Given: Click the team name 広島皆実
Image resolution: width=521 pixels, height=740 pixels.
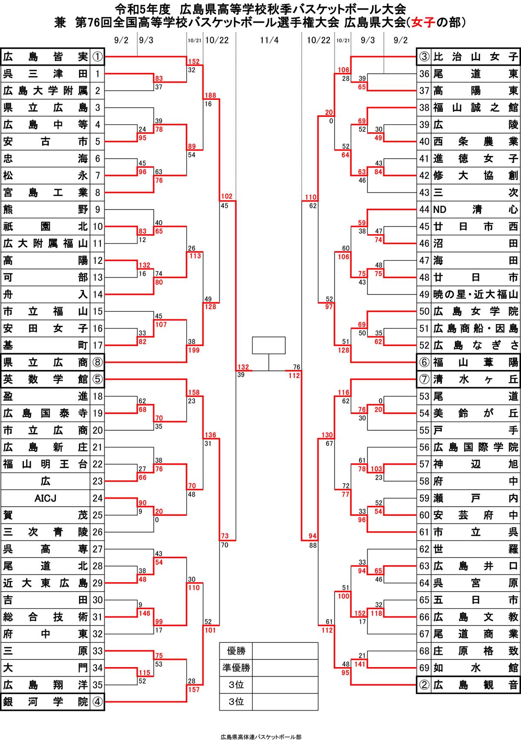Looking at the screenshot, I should pyautogui.click(x=45, y=57).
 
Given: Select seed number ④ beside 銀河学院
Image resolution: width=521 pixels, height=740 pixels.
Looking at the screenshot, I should pyautogui.click(x=98, y=702).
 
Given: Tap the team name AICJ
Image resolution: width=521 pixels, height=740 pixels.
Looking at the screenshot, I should pyautogui.click(x=45, y=498).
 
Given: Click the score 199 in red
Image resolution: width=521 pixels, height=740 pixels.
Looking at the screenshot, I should pyautogui.click(x=194, y=350).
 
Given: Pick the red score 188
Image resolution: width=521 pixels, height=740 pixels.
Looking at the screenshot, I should pyautogui.click(x=210, y=95).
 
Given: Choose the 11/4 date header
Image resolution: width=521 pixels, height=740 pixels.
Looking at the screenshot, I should pyautogui.click(x=269, y=40).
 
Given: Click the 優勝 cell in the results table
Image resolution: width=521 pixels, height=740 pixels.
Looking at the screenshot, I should pyautogui.click(x=236, y=651).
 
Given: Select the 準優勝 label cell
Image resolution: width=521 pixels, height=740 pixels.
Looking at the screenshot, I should pyautogui.click(x=236, y=668).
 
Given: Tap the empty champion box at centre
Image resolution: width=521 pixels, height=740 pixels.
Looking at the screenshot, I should pyautogui.click(x=269, y=345).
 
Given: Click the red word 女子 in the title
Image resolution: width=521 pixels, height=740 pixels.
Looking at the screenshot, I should pyautogui.click(x=423, y=22).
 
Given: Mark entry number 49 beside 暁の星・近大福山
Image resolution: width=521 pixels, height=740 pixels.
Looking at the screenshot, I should pyautogui.click(x=424, y=295).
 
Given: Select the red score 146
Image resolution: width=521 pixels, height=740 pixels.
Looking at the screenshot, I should pyautogui.click(x=144, y=613).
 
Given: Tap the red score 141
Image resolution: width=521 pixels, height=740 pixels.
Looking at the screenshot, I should pyautogui.click(x=360, y=664).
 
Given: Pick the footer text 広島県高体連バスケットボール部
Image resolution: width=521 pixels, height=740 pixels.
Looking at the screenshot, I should pyautogui.click(x=260, y=737).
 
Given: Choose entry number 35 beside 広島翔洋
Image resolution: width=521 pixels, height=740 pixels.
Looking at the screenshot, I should pyautogui.click(x=98, y=685).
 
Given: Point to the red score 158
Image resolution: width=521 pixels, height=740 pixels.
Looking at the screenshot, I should pyautogui.click(x=194, y=393).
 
